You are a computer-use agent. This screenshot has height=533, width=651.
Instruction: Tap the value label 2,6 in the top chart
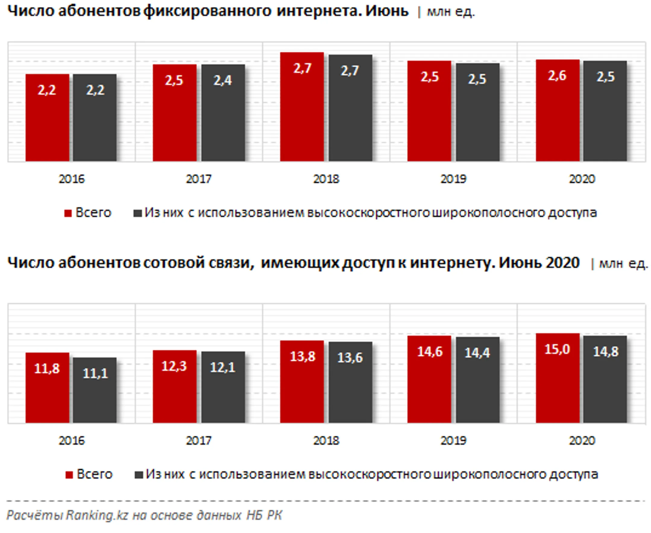click(557, 76)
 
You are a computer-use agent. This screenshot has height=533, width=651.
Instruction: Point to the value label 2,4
click(223, 80)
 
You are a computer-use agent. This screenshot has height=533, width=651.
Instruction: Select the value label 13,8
click(302, 357)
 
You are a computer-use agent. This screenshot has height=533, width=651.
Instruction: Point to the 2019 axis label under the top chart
click(453, 179)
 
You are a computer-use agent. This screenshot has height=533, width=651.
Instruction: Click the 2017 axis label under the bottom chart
click(199, 441)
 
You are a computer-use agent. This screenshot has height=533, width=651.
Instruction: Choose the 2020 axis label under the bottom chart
click(582, 441)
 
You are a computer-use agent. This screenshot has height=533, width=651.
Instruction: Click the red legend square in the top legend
click(68, 213)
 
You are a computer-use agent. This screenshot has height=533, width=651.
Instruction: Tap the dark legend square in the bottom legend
click(139, 475)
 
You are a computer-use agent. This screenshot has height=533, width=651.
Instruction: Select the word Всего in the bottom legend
click(95, 474)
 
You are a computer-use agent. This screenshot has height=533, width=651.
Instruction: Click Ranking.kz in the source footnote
click(97, 515)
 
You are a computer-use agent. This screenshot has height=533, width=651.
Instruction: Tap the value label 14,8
click(605, 351)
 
